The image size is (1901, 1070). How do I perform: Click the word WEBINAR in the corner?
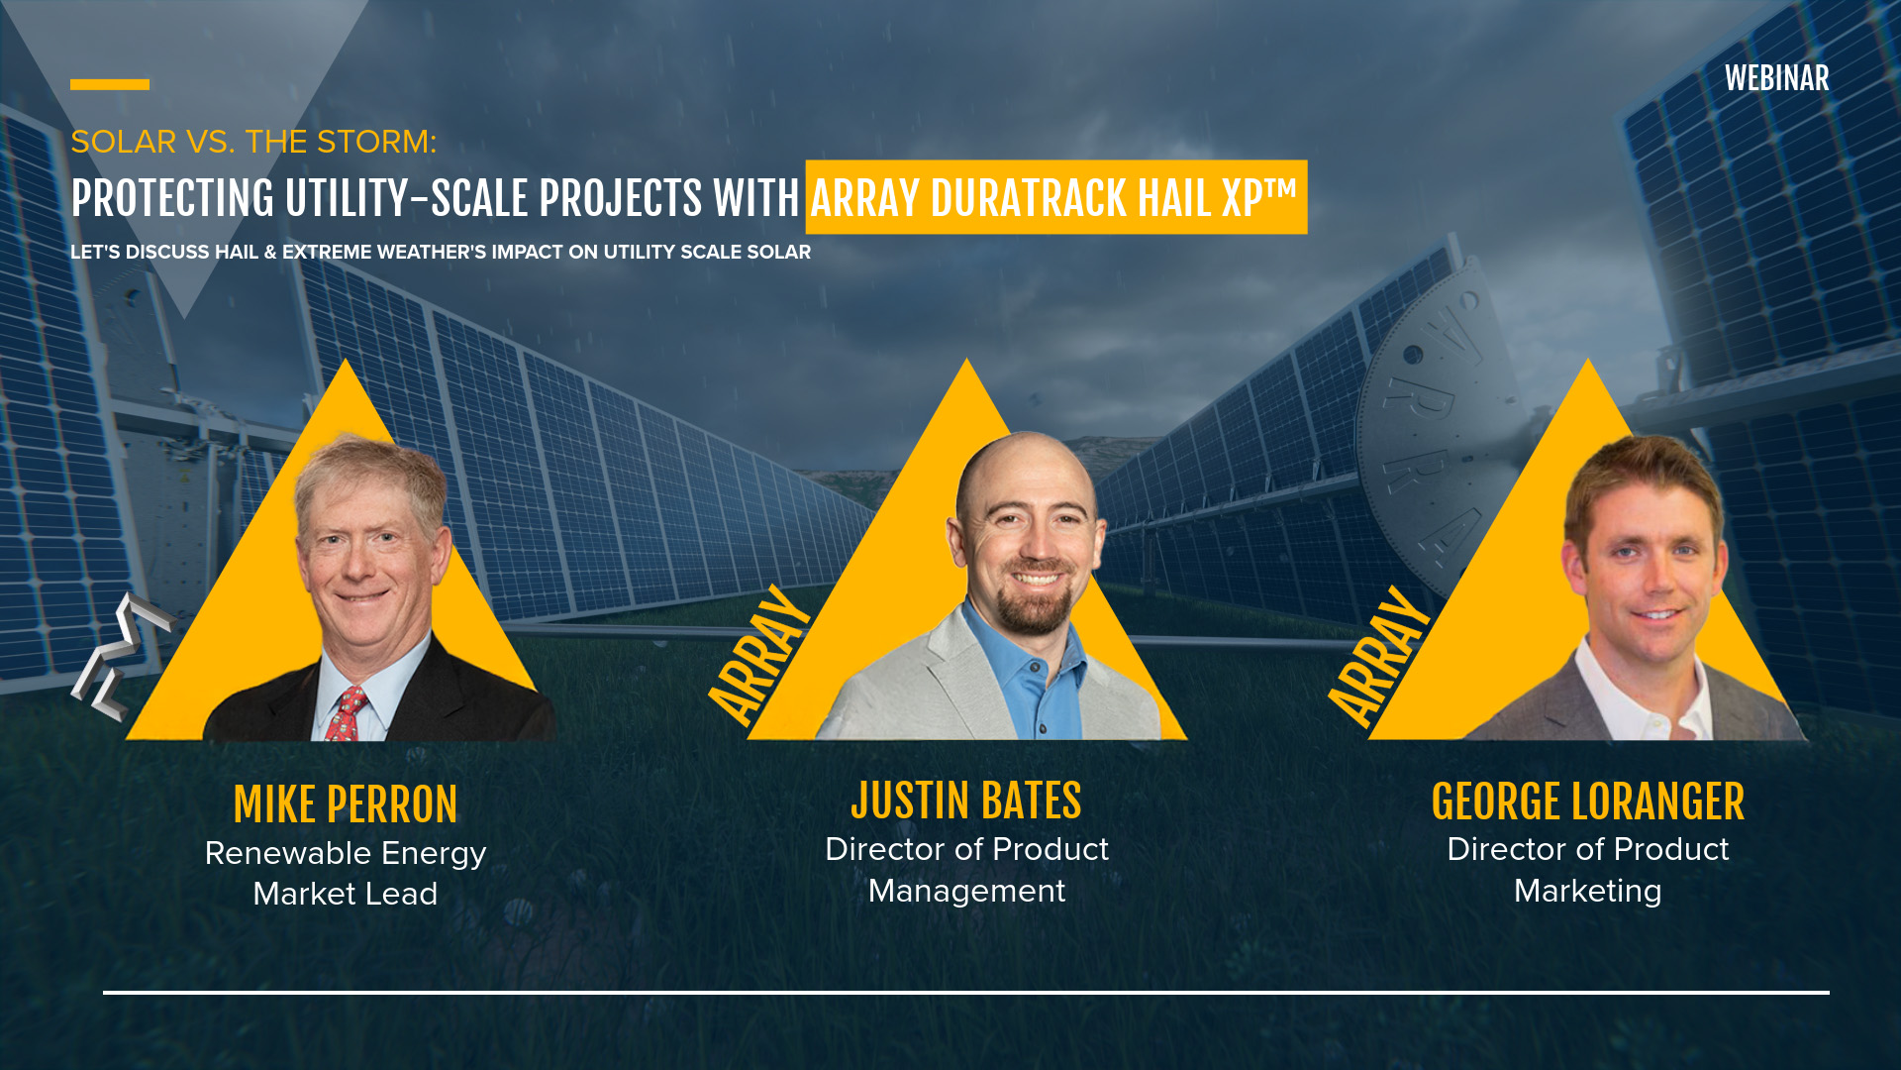[1776, 79]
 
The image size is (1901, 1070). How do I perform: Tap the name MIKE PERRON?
[345, 804]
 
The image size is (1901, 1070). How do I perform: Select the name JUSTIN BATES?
[965, 801]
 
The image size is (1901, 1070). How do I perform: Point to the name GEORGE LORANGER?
[1587, 802]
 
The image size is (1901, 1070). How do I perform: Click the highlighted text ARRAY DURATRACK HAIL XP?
[1054, 198]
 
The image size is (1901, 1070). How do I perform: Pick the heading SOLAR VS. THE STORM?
[253, 142]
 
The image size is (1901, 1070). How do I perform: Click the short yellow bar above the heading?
[110, 85]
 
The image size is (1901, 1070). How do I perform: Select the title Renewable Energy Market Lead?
[345, 873]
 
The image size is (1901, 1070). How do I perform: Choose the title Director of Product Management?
[965, 870]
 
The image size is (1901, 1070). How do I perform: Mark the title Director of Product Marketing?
[1587, 870]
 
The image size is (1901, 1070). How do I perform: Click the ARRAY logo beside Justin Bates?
[759, 655]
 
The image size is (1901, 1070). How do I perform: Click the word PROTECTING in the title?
[172, 199]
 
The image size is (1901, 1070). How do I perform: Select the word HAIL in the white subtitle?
[237, 253]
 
